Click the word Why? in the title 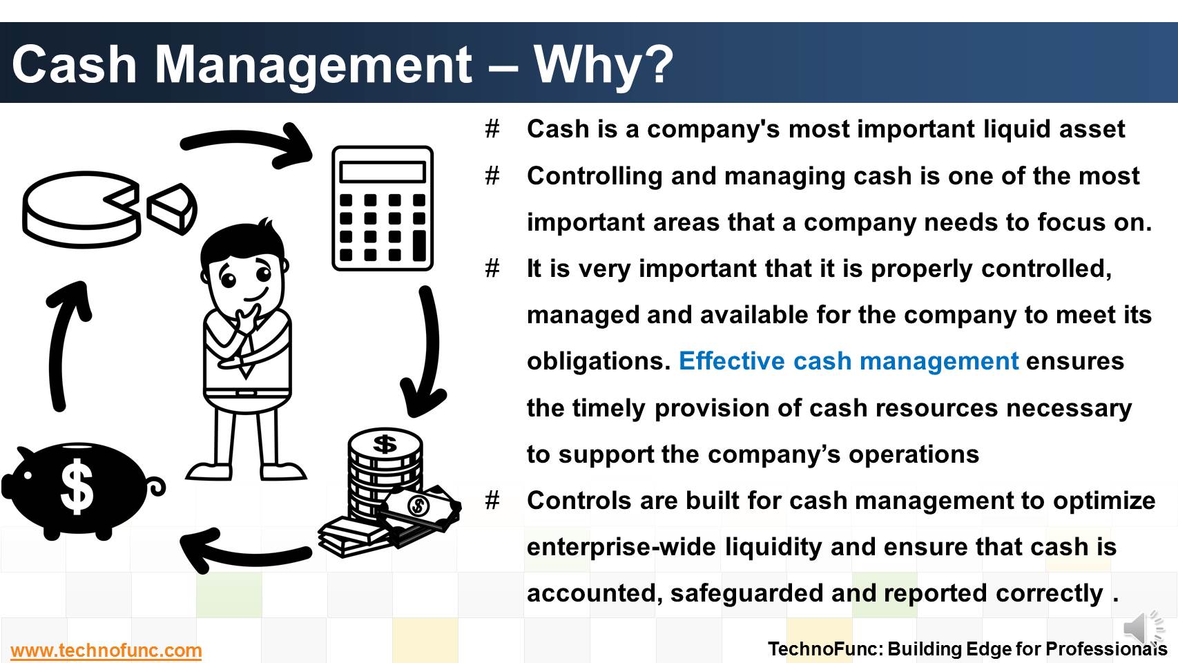click(604, 65)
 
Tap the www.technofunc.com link click(106, 651)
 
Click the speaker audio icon click(1143, 628)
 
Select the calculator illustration click(383, 209)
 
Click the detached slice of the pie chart click(171, 209)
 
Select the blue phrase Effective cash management click(849, 361)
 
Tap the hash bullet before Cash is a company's click(492, 129)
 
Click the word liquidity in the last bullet click(773, 547)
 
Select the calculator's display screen click(383, 172)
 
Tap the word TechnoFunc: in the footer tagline click(825, 648)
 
